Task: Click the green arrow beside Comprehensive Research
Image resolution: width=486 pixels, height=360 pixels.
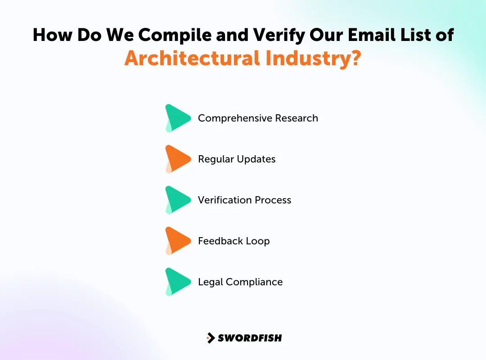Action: (177, 118)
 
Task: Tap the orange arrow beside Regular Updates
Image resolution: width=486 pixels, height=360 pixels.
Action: (177, 159)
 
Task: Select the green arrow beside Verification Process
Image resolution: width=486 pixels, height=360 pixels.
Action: (177, 200)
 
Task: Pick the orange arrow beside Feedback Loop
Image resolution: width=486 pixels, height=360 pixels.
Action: (177, 241)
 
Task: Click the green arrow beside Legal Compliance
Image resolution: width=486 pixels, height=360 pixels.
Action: (177, 282)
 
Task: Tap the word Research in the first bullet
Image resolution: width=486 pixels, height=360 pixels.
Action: (297, 118)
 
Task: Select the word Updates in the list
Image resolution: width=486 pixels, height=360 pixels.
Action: (258, 159)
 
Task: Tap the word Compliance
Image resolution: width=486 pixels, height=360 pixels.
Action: (254, 282)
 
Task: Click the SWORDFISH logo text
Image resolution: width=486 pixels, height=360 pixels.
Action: (250, 338)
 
